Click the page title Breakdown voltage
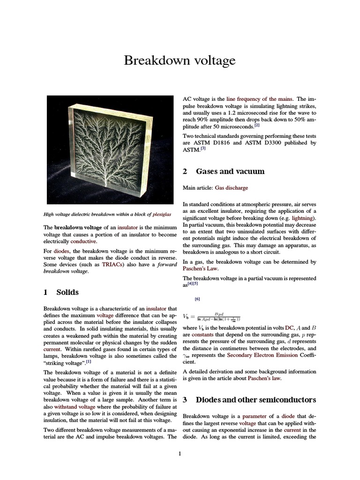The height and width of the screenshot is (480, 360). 180,60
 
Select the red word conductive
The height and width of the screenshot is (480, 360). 83,241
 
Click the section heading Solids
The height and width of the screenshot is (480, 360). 67,292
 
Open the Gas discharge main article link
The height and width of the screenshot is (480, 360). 231,187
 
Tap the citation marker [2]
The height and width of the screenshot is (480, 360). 257,125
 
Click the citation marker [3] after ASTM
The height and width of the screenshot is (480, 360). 203,149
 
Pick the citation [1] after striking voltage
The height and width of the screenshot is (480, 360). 89,361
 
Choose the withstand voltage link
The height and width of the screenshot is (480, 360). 71,407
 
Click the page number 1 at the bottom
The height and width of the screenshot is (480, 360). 180,453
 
